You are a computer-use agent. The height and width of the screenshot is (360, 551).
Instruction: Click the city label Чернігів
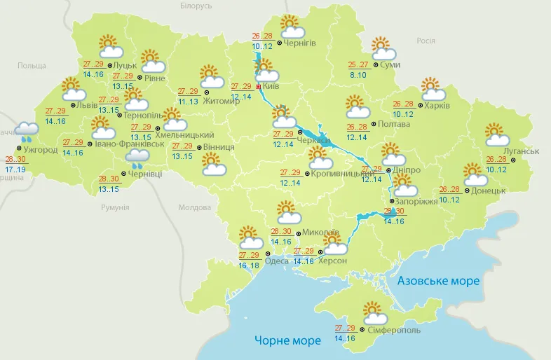tap(300, 43)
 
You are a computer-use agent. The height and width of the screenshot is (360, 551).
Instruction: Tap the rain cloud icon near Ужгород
tap(27, 131)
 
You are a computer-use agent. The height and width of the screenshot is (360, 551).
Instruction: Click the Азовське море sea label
tap(438, 281)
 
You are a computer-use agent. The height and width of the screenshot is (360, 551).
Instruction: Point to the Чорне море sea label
tap(287, 340)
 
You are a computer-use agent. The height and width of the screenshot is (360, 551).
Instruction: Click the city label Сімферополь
tap(393, 329)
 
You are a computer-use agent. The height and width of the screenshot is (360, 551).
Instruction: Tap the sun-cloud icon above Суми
tap(383, 49)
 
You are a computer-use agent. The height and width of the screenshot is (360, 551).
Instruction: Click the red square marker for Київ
tap(258, 87)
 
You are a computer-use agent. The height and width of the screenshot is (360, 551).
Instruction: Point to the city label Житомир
tap(221, 100)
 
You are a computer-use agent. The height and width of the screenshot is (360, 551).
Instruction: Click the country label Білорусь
tap(195, 6)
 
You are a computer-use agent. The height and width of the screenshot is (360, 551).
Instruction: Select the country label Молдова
tap(194, 208)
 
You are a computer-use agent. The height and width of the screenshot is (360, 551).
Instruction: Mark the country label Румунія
tap(115, 208)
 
